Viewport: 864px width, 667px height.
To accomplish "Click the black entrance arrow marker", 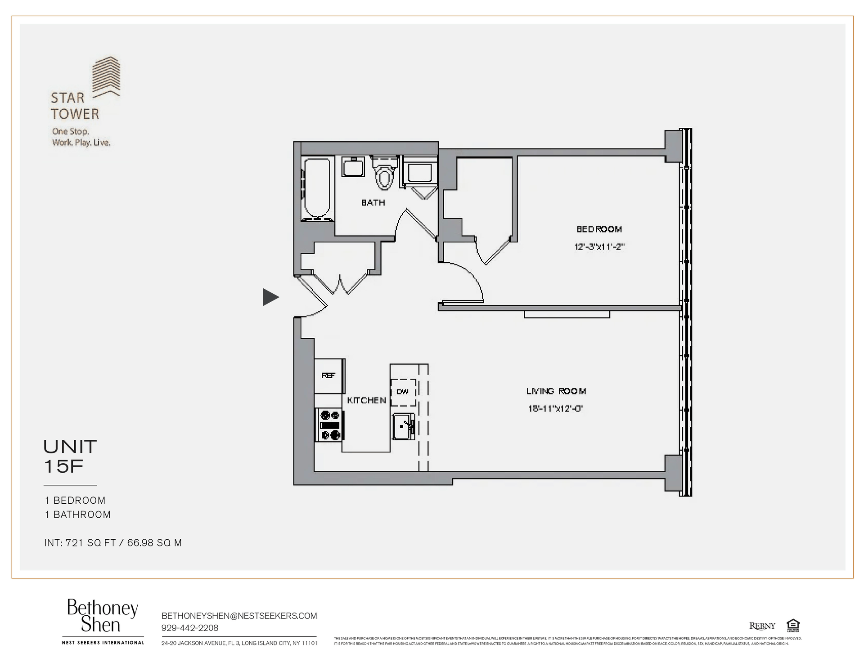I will click(x=270, y=297).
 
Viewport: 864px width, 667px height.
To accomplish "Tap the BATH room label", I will click(x=373, y=203).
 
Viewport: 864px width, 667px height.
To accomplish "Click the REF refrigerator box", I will click(x=328, y=376).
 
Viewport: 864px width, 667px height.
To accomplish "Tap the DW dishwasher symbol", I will click(x=403, y=392).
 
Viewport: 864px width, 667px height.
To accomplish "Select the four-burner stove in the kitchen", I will click(x=330, y=425).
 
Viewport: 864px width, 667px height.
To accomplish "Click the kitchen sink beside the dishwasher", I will click(x=403, y=426).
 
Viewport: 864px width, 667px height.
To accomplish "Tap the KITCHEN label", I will click(x=366, y=400).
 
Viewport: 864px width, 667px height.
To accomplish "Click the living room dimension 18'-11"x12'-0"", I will click(x=555, y=409).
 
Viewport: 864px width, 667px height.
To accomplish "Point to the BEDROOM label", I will click(x=599, y=229).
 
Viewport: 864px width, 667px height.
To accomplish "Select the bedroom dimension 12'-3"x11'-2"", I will click(x=599, y=247).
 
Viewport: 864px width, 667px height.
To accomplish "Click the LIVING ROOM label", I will click(x=556, y=391).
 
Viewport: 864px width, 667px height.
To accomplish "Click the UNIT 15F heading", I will click(x=70, y=457).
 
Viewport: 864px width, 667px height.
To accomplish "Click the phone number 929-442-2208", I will click(x=189, y=628).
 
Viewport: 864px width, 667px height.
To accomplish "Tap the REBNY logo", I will click(x=762, y=626).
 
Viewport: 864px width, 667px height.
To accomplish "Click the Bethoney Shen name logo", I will click(x=102, y=617).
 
